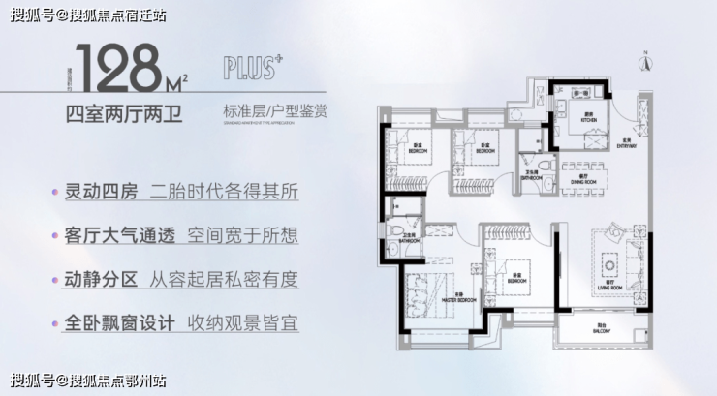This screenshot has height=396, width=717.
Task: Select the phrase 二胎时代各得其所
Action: pos(225,192)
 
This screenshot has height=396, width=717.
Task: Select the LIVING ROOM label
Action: pos(608,289)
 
